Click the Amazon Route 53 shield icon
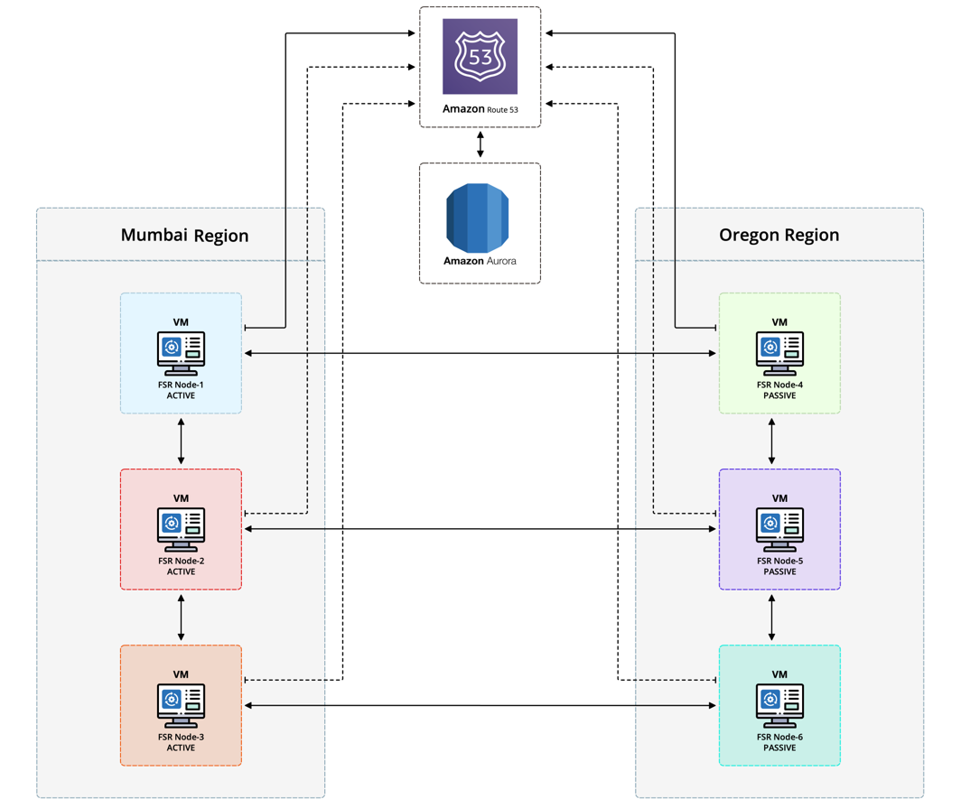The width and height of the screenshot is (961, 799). tap(480, 56)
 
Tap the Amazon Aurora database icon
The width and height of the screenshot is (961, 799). tap(480, 218)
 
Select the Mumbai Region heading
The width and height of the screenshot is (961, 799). tap(184, 236)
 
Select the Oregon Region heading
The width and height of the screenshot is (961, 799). tap(779, 235)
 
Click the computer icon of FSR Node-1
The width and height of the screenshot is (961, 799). tap(181, 353)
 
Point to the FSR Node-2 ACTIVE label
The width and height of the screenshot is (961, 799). tap(181, 566)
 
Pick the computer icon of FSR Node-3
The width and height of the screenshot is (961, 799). tap(181, 705)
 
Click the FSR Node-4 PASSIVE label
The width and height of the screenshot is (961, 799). tap(779, 390)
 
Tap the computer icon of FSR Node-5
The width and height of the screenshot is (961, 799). tap(779, 529)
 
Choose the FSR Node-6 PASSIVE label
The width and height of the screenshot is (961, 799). tap(779, 742)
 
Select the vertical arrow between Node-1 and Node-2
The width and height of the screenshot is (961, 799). tap(182, 441)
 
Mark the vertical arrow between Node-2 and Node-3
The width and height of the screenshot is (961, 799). tap(182, 617)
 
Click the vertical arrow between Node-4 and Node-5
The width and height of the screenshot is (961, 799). tap(771, 441)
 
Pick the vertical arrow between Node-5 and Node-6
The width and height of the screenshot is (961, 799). tap(771, 617)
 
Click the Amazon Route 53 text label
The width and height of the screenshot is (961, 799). tap(480, 109)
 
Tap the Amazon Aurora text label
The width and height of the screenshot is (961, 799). tap(480, 261)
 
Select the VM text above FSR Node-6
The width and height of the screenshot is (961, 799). tap(779, 674)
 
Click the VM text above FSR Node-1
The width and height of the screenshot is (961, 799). tap(181, 322)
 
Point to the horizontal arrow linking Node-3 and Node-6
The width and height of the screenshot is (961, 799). tap(480, 705)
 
